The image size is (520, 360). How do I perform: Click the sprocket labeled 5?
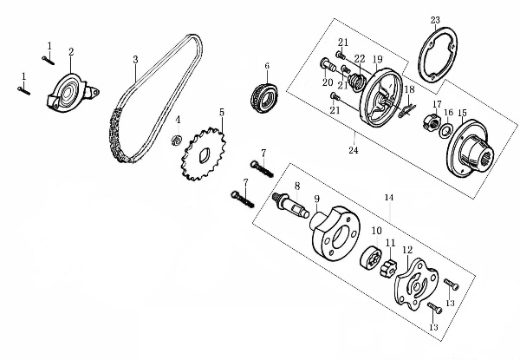[204, 154]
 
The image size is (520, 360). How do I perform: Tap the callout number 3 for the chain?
[135, 60]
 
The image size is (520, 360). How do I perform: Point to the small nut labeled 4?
[177, 140]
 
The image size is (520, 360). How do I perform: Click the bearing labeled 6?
[263, 98]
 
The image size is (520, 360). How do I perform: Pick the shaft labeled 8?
[291, 206]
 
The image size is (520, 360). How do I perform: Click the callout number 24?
[354, 150]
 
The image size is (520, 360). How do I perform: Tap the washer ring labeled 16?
[445, 130]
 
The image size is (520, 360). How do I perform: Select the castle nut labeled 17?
[432, 121]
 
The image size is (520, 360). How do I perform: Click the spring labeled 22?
[356, 82]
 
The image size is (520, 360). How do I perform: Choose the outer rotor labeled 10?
[371, 257]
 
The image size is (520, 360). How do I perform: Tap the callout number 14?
[389, 198]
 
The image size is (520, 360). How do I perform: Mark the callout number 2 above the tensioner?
[71, 52]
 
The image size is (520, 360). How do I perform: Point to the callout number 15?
[462, 113]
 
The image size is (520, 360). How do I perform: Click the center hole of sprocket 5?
[205, 155]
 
